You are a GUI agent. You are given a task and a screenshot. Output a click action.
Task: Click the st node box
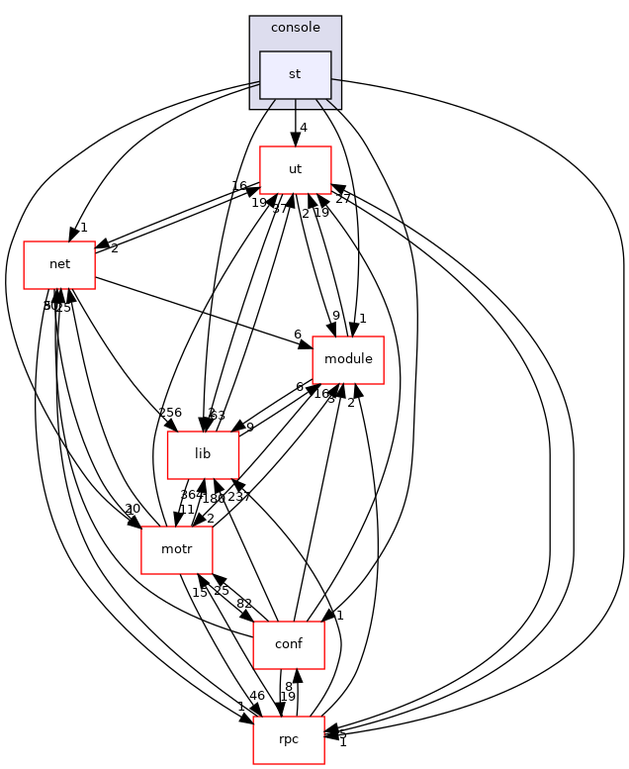295,74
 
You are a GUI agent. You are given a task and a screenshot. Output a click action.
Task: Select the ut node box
295,169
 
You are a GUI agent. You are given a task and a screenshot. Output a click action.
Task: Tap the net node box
59,264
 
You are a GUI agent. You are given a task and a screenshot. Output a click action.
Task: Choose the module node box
348,359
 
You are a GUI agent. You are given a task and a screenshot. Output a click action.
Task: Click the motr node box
177,550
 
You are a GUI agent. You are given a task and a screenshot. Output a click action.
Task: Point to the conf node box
289,645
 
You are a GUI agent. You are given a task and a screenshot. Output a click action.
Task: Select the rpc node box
289,740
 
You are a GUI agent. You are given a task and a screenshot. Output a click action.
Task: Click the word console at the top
295,28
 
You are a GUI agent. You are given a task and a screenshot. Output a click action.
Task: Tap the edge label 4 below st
305,127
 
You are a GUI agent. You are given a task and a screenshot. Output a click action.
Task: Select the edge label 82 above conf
243,605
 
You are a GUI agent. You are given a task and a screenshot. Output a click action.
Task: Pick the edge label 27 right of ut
343,199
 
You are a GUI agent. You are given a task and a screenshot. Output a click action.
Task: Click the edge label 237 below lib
239,497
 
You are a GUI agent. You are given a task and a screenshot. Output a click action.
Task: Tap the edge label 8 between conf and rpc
289,686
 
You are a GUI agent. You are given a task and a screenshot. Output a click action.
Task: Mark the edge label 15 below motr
199,592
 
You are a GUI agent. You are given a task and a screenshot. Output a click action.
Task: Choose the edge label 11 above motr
186,509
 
